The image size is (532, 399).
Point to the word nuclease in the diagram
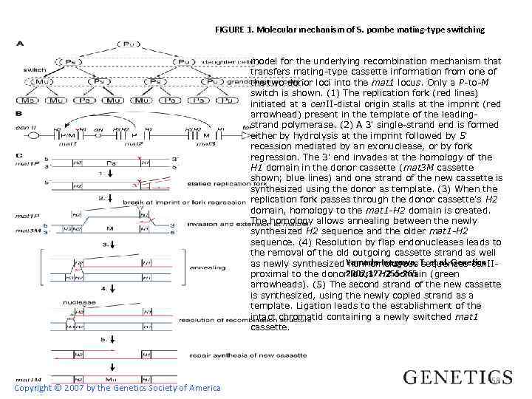point(66,301)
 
